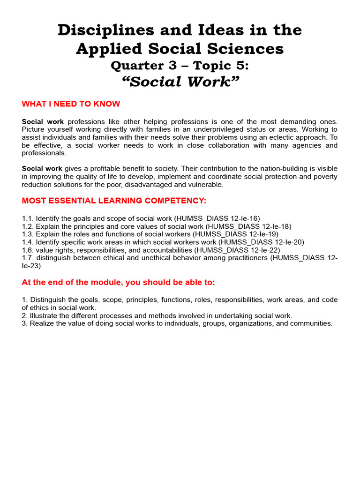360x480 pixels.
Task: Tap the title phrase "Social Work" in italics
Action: point(180,82)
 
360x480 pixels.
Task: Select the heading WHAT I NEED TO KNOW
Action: point(71,104)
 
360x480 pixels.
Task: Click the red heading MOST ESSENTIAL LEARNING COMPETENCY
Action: point(114,201)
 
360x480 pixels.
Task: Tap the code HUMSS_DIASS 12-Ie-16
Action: point(217,218)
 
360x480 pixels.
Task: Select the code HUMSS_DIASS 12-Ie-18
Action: point(249,226)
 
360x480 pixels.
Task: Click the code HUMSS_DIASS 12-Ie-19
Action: point(236,234)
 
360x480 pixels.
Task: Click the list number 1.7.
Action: point(28,258)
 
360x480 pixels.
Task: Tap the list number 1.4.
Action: point(28,242)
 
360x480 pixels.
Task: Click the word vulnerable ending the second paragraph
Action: point(206,185)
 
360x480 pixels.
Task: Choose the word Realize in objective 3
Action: point(43,323)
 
